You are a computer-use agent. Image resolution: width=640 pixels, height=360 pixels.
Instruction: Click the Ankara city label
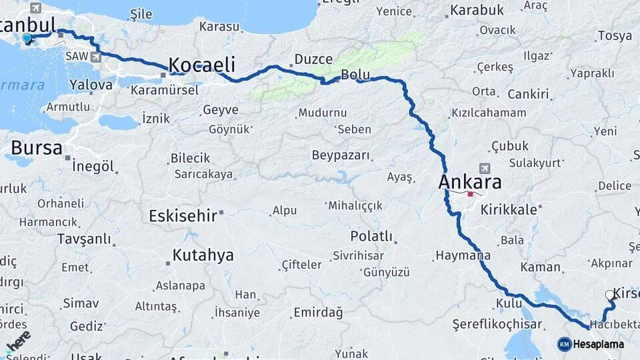pos(470,182)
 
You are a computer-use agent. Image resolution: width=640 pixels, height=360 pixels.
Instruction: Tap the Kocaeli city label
pos(202,65)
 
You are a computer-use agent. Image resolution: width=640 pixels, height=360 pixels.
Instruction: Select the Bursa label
pos(37,147)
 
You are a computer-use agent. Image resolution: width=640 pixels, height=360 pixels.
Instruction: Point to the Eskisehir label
pos(182,216)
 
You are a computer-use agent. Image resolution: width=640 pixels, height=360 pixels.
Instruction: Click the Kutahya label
pos(203,255)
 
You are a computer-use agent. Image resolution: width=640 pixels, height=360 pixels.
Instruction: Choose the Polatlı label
pos(371,237)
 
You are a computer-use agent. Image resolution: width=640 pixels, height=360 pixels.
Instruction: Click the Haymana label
pos(463,255)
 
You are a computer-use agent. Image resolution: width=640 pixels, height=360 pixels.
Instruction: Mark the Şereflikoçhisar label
pos(488,324)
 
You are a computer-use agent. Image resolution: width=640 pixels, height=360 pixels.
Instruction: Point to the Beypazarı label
pos(341,155)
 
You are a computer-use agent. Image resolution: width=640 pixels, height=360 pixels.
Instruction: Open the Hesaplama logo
pos(591,344)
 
